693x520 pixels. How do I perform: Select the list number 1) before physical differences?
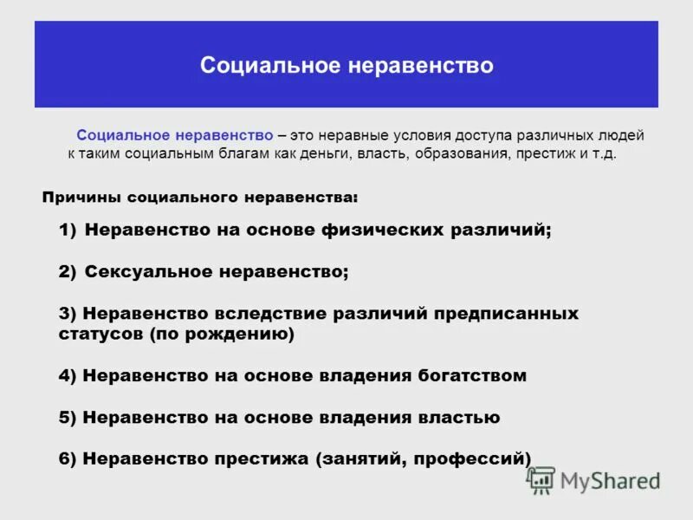[68, 231]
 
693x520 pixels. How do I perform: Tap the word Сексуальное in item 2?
[145, 272]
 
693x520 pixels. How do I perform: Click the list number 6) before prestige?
[68, 459]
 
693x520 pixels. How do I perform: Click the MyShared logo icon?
[541, 480]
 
